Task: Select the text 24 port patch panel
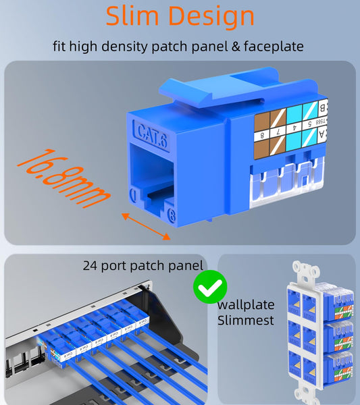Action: pyautogui.click(x=143, y=265)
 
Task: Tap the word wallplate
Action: pyautogui.click(x=245, y=303)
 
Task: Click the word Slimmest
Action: pyautogui.click(x=246, y=320)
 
